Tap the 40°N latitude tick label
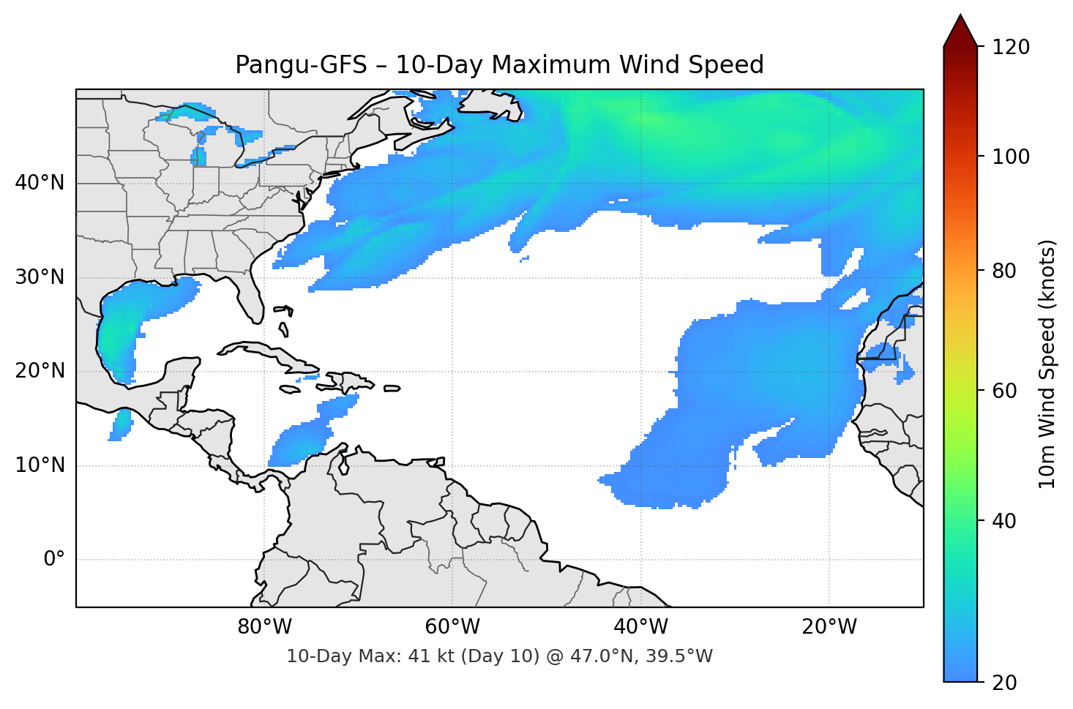point(40,183)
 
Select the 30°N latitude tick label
point(40,277)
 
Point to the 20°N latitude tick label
point(40,371)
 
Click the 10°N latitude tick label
point(40,465)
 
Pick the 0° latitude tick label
point(54,560)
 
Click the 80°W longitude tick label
point(264,627)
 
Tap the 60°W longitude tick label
point(452,627)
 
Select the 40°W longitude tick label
point(640,627)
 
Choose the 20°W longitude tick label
point(829,627)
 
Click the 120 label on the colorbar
point(1011,48)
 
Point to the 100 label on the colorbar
point(1011,157)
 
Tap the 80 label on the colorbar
point(1003,271)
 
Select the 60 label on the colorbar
point(1003,391)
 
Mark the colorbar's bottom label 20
point(1003,683)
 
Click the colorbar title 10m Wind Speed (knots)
point(1047,364)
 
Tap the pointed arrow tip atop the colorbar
point(960,18)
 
